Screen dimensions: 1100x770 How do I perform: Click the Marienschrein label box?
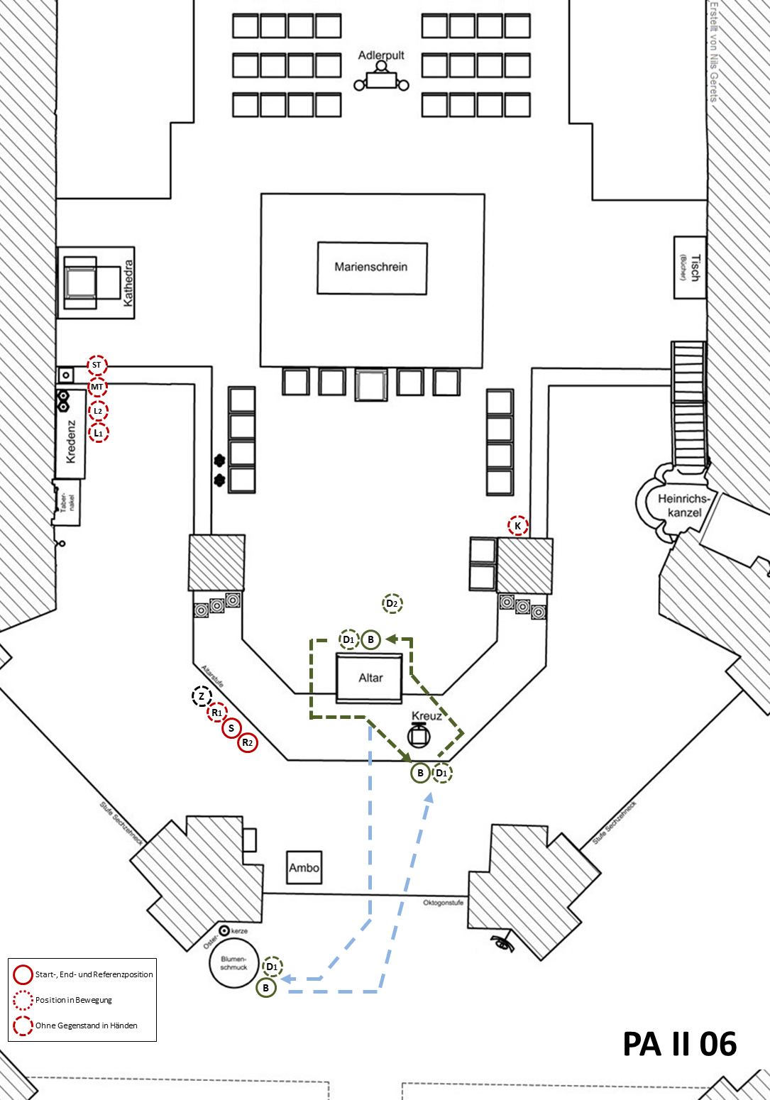371,268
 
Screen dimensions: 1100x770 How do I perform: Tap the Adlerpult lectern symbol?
381,78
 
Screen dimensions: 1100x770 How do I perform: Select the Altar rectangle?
370,678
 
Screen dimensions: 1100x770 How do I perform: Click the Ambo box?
304,867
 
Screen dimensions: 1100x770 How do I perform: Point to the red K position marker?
518,526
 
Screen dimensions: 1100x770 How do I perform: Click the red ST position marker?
97,365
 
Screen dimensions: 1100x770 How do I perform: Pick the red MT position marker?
97,387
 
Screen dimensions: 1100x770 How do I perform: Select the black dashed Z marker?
202,697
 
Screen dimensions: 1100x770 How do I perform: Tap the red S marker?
231,728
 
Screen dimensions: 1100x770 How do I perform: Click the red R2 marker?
247,743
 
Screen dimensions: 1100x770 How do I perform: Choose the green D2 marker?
392,604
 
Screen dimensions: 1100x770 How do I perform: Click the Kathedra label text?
128,283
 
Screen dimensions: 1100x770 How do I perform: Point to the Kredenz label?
71,441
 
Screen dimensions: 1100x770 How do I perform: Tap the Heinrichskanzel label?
683,505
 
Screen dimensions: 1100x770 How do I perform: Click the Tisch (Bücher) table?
690,268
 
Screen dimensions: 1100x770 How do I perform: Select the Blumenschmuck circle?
233,964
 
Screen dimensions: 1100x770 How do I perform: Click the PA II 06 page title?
679,1044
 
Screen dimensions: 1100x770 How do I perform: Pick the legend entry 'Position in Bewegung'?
74,1000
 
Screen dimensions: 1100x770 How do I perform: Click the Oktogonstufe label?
443,903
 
